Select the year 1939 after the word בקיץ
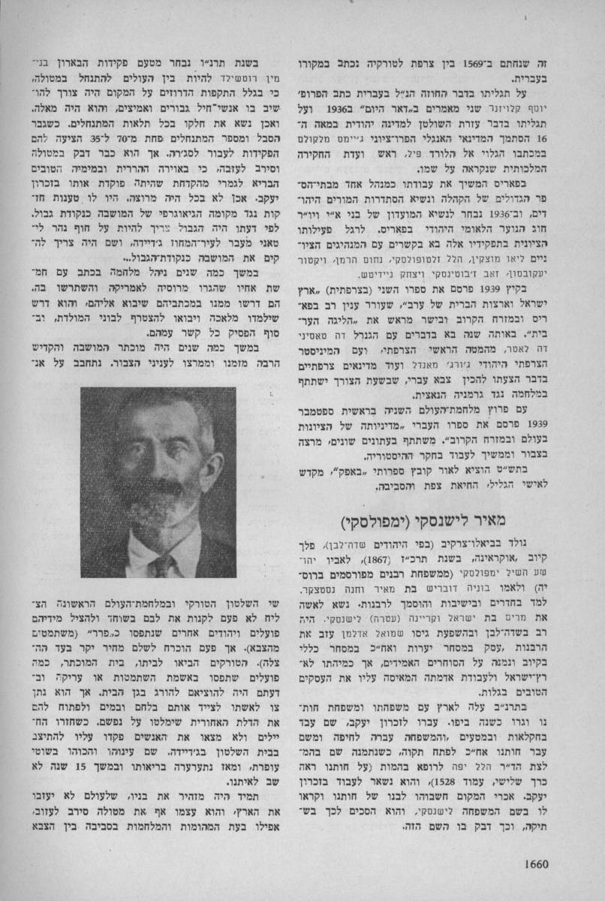point(509,307)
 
